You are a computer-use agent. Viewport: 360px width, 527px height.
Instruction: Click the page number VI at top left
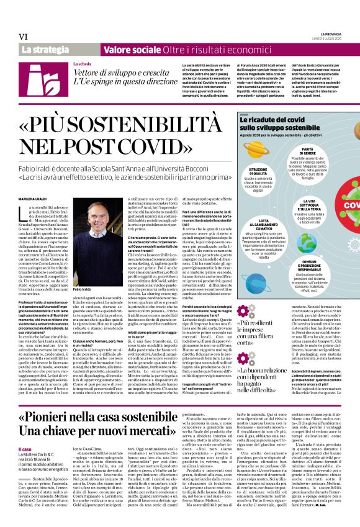(23, 37)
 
